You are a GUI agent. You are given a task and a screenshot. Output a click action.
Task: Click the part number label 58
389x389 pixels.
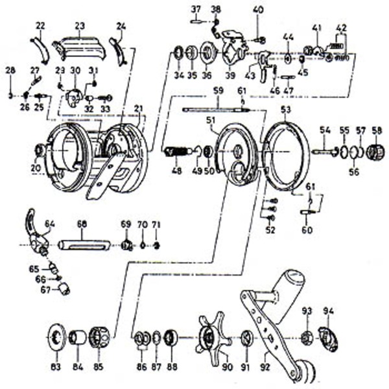point(376,130)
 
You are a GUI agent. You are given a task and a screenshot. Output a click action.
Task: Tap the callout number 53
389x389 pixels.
point(286,110)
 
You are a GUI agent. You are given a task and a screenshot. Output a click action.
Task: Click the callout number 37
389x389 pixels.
point(196,8)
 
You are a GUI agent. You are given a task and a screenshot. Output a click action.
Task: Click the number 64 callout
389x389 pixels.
point(49,224)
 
